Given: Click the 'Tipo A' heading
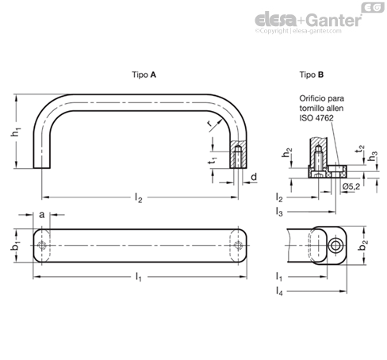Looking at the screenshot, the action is pos(144,75).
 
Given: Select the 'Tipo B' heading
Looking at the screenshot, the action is pos(312,75).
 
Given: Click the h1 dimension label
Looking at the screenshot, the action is pos(16,132).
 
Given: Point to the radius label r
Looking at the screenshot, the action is pos(209,123).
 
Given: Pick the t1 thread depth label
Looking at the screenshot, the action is pos(213,160).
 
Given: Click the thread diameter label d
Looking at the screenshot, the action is pos(254,177).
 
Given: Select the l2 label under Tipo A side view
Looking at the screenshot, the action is pos(139,197).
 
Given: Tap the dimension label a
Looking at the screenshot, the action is pos(42,215).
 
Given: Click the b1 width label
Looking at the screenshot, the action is pos(16,246).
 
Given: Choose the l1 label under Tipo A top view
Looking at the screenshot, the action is pos(139,277).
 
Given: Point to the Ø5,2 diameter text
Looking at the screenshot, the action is pos(351,186).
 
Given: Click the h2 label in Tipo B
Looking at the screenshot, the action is pos(287,152).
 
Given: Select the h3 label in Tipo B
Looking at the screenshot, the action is pos(373,156).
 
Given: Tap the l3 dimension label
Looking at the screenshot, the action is pos(279,212).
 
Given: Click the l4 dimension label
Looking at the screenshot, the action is pos(279,292).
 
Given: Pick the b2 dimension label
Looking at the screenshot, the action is pos(365,245).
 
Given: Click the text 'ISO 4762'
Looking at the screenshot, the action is pos(316,118).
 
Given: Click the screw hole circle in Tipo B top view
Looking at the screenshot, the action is pos(336,246).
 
